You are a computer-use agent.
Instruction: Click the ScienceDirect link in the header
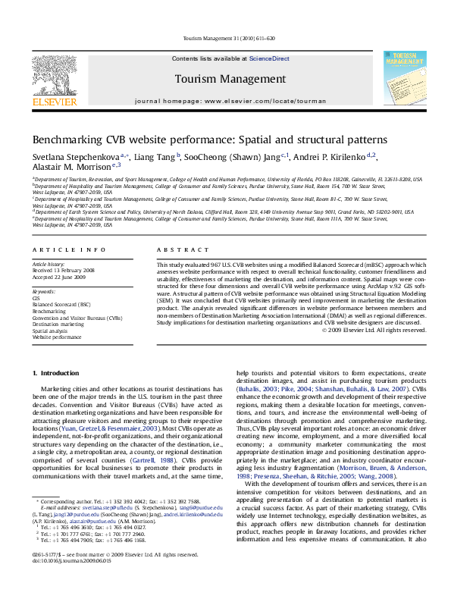click(270, 58)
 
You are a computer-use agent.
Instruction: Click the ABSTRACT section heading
click(176, 249)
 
